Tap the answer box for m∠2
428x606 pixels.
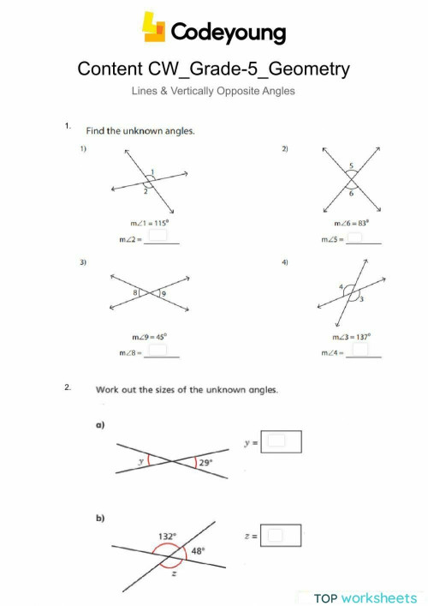[158, 235]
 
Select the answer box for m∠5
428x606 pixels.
[360, 235]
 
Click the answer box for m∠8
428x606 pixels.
[158, 350]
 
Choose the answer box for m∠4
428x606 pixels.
[360, 349]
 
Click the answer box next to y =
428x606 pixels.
[276, 441]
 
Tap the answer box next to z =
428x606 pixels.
[275, 535]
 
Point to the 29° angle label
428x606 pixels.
[205, 462]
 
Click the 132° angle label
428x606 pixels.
[166, 536]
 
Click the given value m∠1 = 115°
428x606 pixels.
[149, 221]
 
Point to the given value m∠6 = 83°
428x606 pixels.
[351, 221]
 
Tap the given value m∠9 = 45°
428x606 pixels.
[149, 336]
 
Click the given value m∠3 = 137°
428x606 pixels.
[352, 336]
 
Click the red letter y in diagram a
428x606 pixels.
[141, 461]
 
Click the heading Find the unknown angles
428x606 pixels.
[140, 131]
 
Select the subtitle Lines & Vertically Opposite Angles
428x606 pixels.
[213, 90]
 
